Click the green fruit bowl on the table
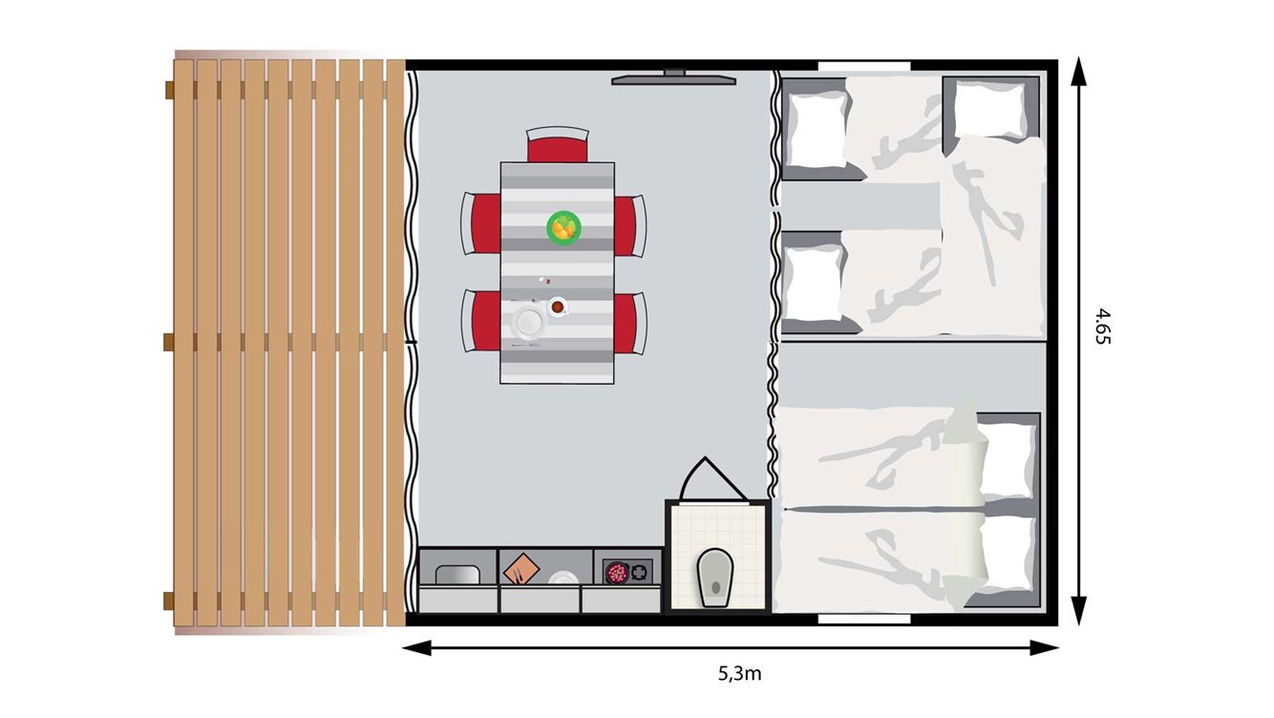[563, 227]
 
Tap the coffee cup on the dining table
[557, 306]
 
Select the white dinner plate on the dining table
[528, 321]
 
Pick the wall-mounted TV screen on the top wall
[674, 80]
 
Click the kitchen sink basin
[457, 575]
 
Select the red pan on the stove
[617, 573]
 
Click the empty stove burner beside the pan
[640, 573]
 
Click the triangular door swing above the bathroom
[707, 480]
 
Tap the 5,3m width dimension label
[739, 674]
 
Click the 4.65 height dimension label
[1104, 326]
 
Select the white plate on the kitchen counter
[562, 579]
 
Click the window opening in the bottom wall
[863, 620]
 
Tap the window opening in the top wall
[863, 65]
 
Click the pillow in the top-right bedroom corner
[989, 109]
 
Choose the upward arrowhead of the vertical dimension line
[1079, 71]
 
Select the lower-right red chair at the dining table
[627, 322]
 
